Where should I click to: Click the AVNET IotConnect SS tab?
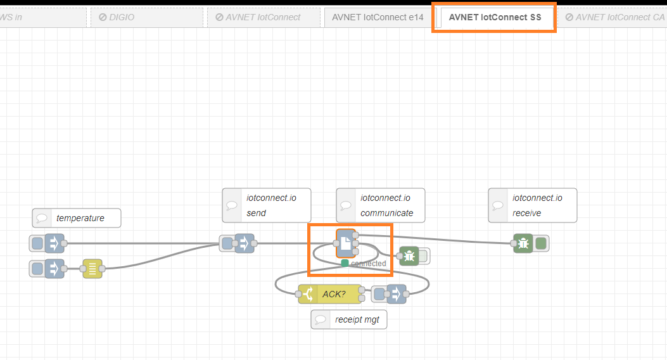tap(495, 18)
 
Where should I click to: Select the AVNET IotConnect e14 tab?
tap(378, 18)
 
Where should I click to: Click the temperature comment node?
tap(77, 218)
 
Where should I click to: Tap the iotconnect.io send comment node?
tap(268, 205)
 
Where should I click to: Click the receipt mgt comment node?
tap(349, 319)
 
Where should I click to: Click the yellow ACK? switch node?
tap(330, 294)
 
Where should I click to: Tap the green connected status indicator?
tap(345, 263)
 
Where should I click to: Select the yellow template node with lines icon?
tap(92, 269)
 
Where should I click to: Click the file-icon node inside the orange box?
tap(346, 243)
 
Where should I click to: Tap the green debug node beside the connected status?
tap(410, 256)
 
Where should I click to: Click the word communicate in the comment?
tap(386, 213)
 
